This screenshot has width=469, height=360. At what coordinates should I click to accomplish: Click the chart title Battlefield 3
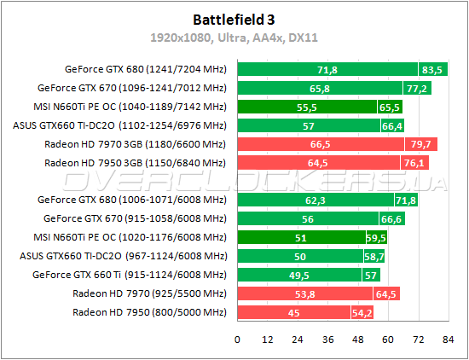click(234, 17)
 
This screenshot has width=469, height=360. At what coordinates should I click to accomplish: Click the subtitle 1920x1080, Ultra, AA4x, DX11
click(234, 38)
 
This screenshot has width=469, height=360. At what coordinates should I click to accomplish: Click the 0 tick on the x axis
click(238, 340)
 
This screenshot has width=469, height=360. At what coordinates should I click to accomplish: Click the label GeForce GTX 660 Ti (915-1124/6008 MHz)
click(131, 275)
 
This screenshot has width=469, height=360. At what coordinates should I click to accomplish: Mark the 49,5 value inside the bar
click(323, 276)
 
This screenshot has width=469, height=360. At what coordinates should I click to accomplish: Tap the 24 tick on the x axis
click(298, 340)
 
